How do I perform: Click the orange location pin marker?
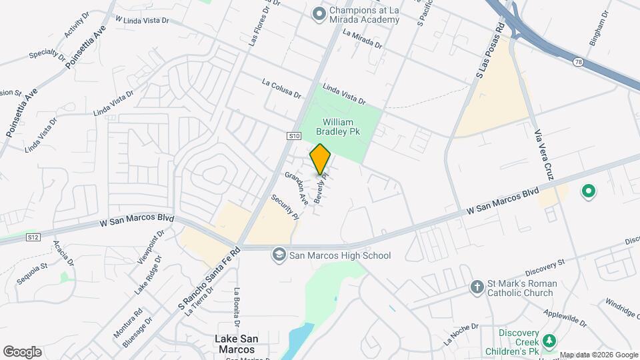(320, 159)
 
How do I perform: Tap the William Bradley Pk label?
(341, 127)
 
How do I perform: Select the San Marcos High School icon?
(279, 255)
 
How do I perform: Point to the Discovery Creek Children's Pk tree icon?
(549, 341)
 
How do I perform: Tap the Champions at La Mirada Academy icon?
(319, 13)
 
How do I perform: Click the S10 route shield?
(295, 136)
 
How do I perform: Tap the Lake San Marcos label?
(235, 343)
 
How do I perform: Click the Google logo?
(22, 351)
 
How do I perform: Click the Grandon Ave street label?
(297, 187)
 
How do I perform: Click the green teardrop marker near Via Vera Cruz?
(588, 192)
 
